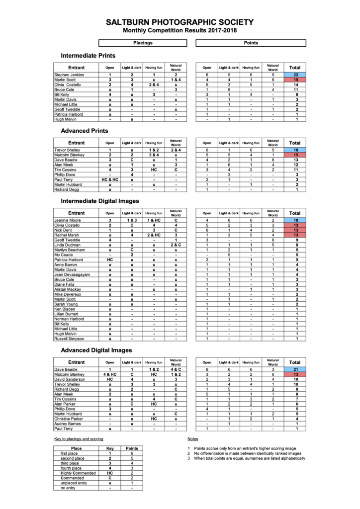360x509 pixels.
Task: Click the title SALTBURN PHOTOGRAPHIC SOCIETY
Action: pyautogui.click(x=180, y=22)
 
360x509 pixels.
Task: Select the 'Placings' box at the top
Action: pyautogui.click(x=143, y=43)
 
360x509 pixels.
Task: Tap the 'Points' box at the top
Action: pyautogui.click(x=251, y=43)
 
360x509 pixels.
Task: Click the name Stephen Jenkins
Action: pyautogui.click(x=69, y=75)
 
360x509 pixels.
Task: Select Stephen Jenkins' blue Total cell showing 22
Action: pyautogui.click(x=295, y=75)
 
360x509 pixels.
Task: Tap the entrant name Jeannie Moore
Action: pyautogui.click(x=68, y=220)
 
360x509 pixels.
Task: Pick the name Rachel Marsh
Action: pyautogui.click(x=67, y=235)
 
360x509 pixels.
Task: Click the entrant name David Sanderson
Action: pyautogui.click(x=70, y=379)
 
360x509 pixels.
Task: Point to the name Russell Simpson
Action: pyautogui.click(x=69, y=339)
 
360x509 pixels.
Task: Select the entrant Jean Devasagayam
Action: pyautogui.click(x=73, y=274)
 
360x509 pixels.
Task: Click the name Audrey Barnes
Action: pyautogui.click(x=68, y=424)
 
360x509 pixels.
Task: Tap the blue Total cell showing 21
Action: pyautogui.click(x=295, y=369)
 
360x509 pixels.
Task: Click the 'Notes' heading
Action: pyautogui.click(x=192, y=439)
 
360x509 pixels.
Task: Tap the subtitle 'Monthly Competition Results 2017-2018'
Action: pyautogui.click(x=180, y=31)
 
